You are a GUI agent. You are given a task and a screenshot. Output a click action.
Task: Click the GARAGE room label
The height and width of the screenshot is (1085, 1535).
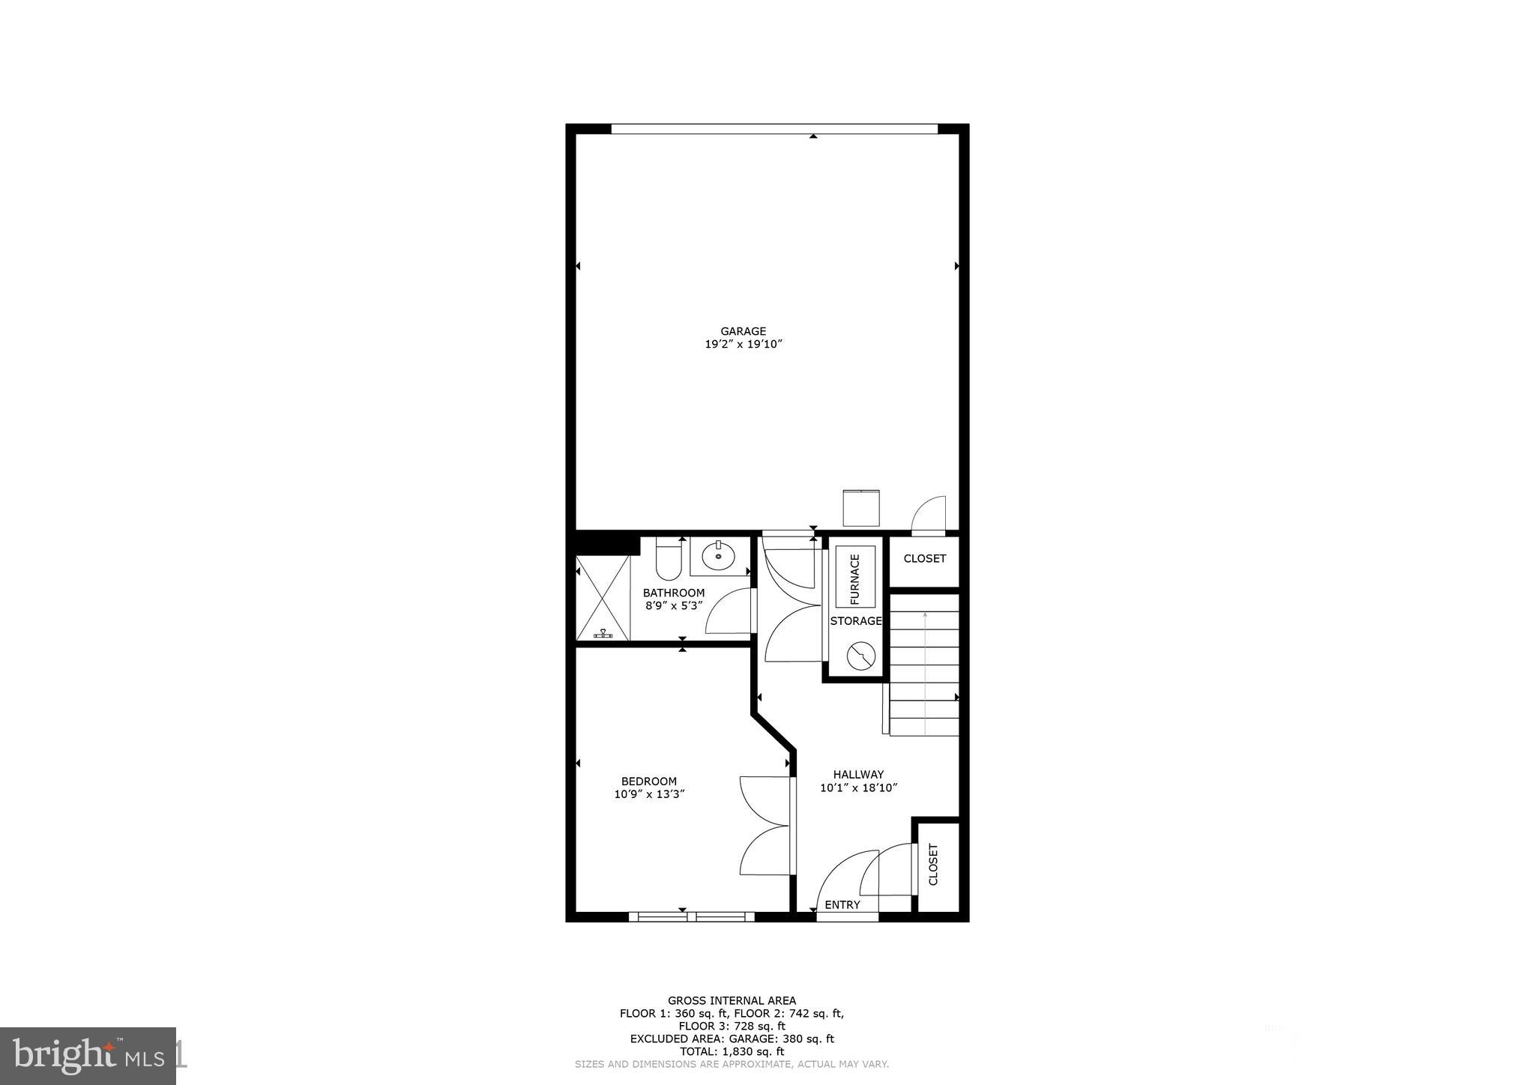[743, 331]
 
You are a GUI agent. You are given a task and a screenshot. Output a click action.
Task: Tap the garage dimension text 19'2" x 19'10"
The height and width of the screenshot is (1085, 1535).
[743, 345]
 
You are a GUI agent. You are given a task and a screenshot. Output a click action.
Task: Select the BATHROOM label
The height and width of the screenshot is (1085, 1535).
[673, 593]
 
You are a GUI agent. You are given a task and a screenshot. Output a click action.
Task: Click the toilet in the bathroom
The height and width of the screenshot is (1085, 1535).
[668, 560]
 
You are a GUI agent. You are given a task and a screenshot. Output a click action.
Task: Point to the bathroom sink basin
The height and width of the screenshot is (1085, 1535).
[718, 557]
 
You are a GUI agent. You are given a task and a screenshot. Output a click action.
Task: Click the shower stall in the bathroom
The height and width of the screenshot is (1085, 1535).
[602, 597]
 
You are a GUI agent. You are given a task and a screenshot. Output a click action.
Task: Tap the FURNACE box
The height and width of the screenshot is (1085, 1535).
[855, 577]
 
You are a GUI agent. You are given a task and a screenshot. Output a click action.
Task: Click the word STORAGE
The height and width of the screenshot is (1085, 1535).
[855, 621]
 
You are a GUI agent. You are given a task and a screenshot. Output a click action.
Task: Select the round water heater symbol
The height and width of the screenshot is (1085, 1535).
[860, 656]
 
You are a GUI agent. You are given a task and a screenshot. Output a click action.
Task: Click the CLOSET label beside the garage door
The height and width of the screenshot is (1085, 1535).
[924, 559]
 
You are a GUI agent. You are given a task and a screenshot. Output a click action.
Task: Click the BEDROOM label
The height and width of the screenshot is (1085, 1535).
[648, 782]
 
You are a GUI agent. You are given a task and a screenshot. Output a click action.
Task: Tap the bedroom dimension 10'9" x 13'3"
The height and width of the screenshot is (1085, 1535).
[649, 794]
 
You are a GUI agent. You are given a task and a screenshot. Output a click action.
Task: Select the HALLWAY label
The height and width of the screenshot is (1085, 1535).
[858, 775]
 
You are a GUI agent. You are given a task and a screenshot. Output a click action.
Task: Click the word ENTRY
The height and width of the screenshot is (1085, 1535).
[842, 905]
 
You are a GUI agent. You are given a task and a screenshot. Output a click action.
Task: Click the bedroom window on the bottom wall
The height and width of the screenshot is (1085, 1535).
[691, 916]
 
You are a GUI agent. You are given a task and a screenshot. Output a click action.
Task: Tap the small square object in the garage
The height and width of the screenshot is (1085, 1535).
[860, 508]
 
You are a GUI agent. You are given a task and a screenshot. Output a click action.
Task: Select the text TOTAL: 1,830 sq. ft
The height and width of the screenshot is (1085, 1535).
[732, 1052]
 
